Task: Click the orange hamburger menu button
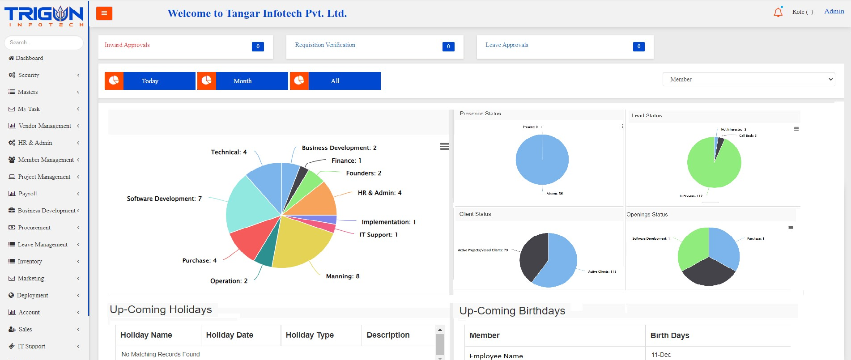(x=104, y=13)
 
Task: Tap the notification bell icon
(x=778, y=12)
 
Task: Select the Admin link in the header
(x=834, y=12)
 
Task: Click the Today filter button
(x=150, y=81)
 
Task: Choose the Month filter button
(x=243, y=81)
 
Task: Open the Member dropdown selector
(x=749, y=79)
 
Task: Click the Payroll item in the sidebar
(x=28, y=194)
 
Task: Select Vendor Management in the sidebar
(x=45, y=126)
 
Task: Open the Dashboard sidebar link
(x=30, y=58)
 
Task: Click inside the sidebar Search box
(x=44, y=42)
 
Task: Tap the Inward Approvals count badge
(x=258, y=47)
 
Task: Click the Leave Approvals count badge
(x=638, y=47)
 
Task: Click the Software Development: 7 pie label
(x=164, y=199)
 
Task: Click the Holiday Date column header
(x=230, y=335)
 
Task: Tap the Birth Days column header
(x=669, y=335)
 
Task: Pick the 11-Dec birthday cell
(x=661, y=355)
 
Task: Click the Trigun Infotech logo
(x=44, y=16)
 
